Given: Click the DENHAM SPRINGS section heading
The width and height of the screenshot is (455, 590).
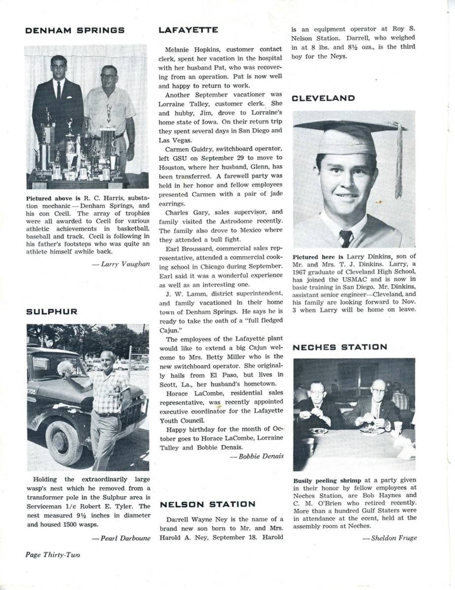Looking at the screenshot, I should click(74, 30).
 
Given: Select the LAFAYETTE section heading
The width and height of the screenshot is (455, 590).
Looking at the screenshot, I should click(188, 30).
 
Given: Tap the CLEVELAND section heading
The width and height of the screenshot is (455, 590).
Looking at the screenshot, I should click(323, 98).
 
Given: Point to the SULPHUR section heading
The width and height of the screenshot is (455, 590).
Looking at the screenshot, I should click(52, 312).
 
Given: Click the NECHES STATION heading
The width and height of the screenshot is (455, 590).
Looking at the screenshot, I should click(340, 347).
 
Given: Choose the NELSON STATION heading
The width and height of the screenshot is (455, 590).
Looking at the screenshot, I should click(207, 504).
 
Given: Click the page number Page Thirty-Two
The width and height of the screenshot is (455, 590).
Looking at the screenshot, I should click(53, 555).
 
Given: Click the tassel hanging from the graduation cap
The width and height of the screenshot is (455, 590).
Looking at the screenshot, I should click(398, 162).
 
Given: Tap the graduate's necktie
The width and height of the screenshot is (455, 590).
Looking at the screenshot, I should click(346, 238).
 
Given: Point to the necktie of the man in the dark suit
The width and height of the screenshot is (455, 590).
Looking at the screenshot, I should click(59, 90).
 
